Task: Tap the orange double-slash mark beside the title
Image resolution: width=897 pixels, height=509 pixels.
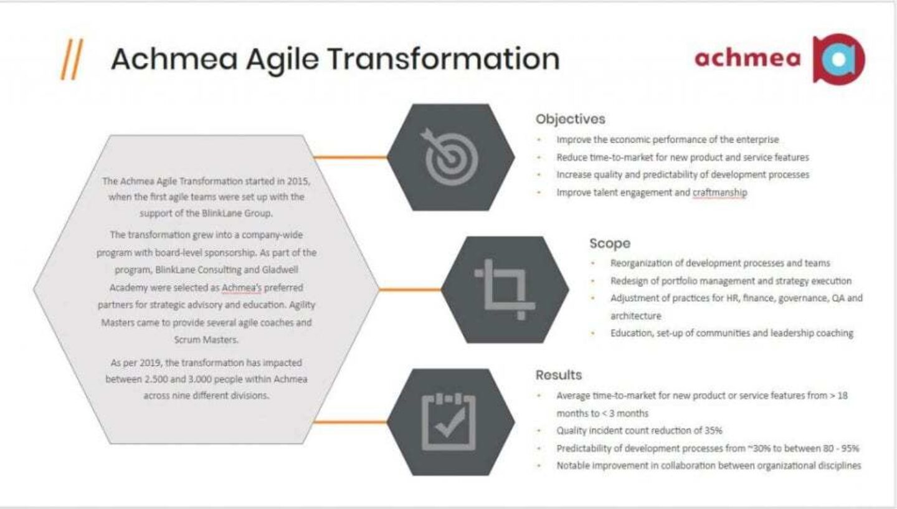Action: (72, 60)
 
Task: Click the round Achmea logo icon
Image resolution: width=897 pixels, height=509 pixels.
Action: (839, 59)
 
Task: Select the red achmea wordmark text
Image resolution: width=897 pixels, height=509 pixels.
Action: (747, 58)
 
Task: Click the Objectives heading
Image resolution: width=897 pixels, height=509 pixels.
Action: (570, 118)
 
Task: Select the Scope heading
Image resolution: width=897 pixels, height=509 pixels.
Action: (609, 244)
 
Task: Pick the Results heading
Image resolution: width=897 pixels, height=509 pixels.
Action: (558, 375)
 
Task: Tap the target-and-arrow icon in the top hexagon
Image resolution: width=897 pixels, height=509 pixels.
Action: (451, 157)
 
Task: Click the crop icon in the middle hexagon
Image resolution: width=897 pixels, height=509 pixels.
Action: (505, 289)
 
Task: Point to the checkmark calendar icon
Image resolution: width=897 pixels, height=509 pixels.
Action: (448, 422)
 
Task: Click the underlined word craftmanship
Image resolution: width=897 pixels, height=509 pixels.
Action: (719, 193)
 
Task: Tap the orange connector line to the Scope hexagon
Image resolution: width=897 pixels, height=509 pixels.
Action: (410, 290)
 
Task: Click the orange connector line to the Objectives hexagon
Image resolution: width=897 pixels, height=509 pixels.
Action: (350, 158)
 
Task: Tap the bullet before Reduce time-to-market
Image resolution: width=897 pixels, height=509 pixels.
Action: (539, 158)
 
